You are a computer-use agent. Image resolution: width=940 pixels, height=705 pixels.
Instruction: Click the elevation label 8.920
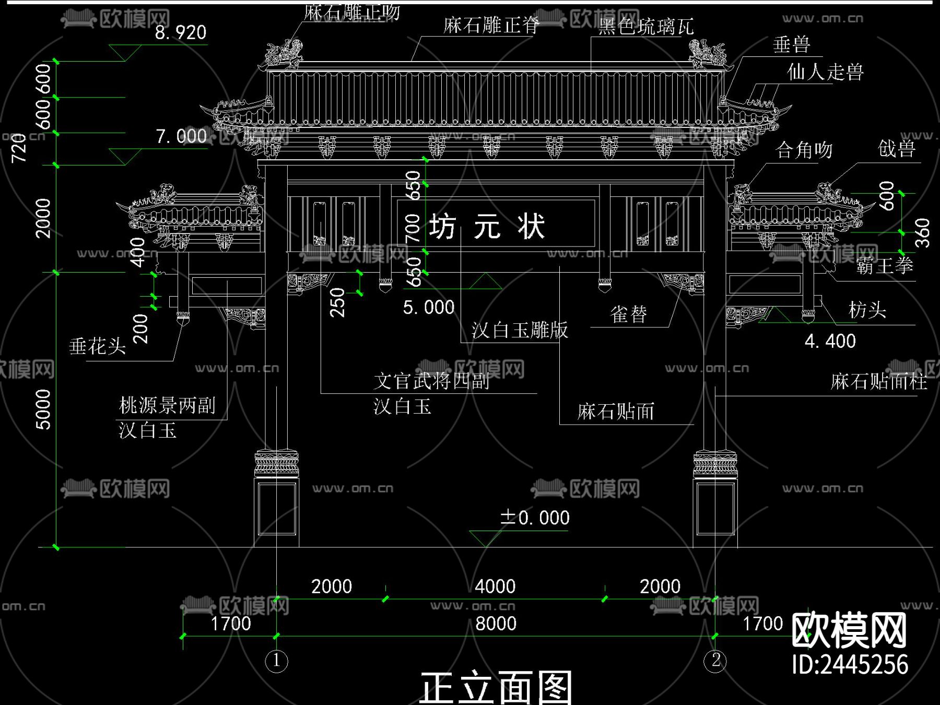[181, 32]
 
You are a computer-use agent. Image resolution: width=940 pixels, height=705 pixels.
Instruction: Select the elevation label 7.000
[181, 136]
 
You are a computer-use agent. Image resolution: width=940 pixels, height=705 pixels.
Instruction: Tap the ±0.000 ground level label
[534, 518]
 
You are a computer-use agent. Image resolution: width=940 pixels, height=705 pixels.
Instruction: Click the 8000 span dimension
[496, 623]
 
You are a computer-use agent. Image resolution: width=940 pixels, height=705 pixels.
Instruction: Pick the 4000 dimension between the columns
[495, 586]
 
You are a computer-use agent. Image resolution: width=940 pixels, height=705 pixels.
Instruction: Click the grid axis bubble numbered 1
[276, 661]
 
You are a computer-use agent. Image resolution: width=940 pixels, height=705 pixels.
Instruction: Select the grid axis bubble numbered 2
[715, 660]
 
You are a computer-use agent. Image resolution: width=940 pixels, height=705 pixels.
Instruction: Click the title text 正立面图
[496, 687]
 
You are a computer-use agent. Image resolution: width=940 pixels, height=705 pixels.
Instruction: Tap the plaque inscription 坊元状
[487, 227]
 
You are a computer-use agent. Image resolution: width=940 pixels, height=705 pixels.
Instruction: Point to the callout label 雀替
[628, 314]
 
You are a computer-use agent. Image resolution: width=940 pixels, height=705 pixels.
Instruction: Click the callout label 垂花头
[98, 346]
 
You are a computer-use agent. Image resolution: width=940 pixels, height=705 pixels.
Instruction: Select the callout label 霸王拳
[884, 266]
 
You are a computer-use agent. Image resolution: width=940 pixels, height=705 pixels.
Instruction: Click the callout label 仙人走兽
[825, 72]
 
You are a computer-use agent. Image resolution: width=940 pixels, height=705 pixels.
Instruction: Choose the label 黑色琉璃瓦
[645, 26]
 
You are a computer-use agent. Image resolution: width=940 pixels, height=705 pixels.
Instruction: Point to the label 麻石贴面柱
[879, 381]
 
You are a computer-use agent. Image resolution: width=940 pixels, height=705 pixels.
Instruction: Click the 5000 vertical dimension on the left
[43, 409]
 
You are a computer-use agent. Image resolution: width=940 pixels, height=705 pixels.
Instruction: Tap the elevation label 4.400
[830, 341]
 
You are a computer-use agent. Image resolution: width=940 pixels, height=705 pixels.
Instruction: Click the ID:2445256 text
[850, 664]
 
